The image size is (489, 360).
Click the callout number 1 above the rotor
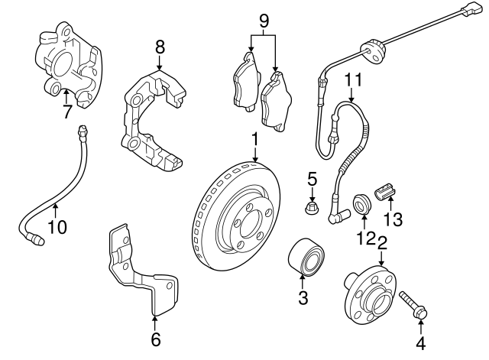254,139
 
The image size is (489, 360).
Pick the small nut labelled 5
312,208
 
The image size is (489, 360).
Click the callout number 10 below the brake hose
57,226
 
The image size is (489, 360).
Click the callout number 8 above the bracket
160,47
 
